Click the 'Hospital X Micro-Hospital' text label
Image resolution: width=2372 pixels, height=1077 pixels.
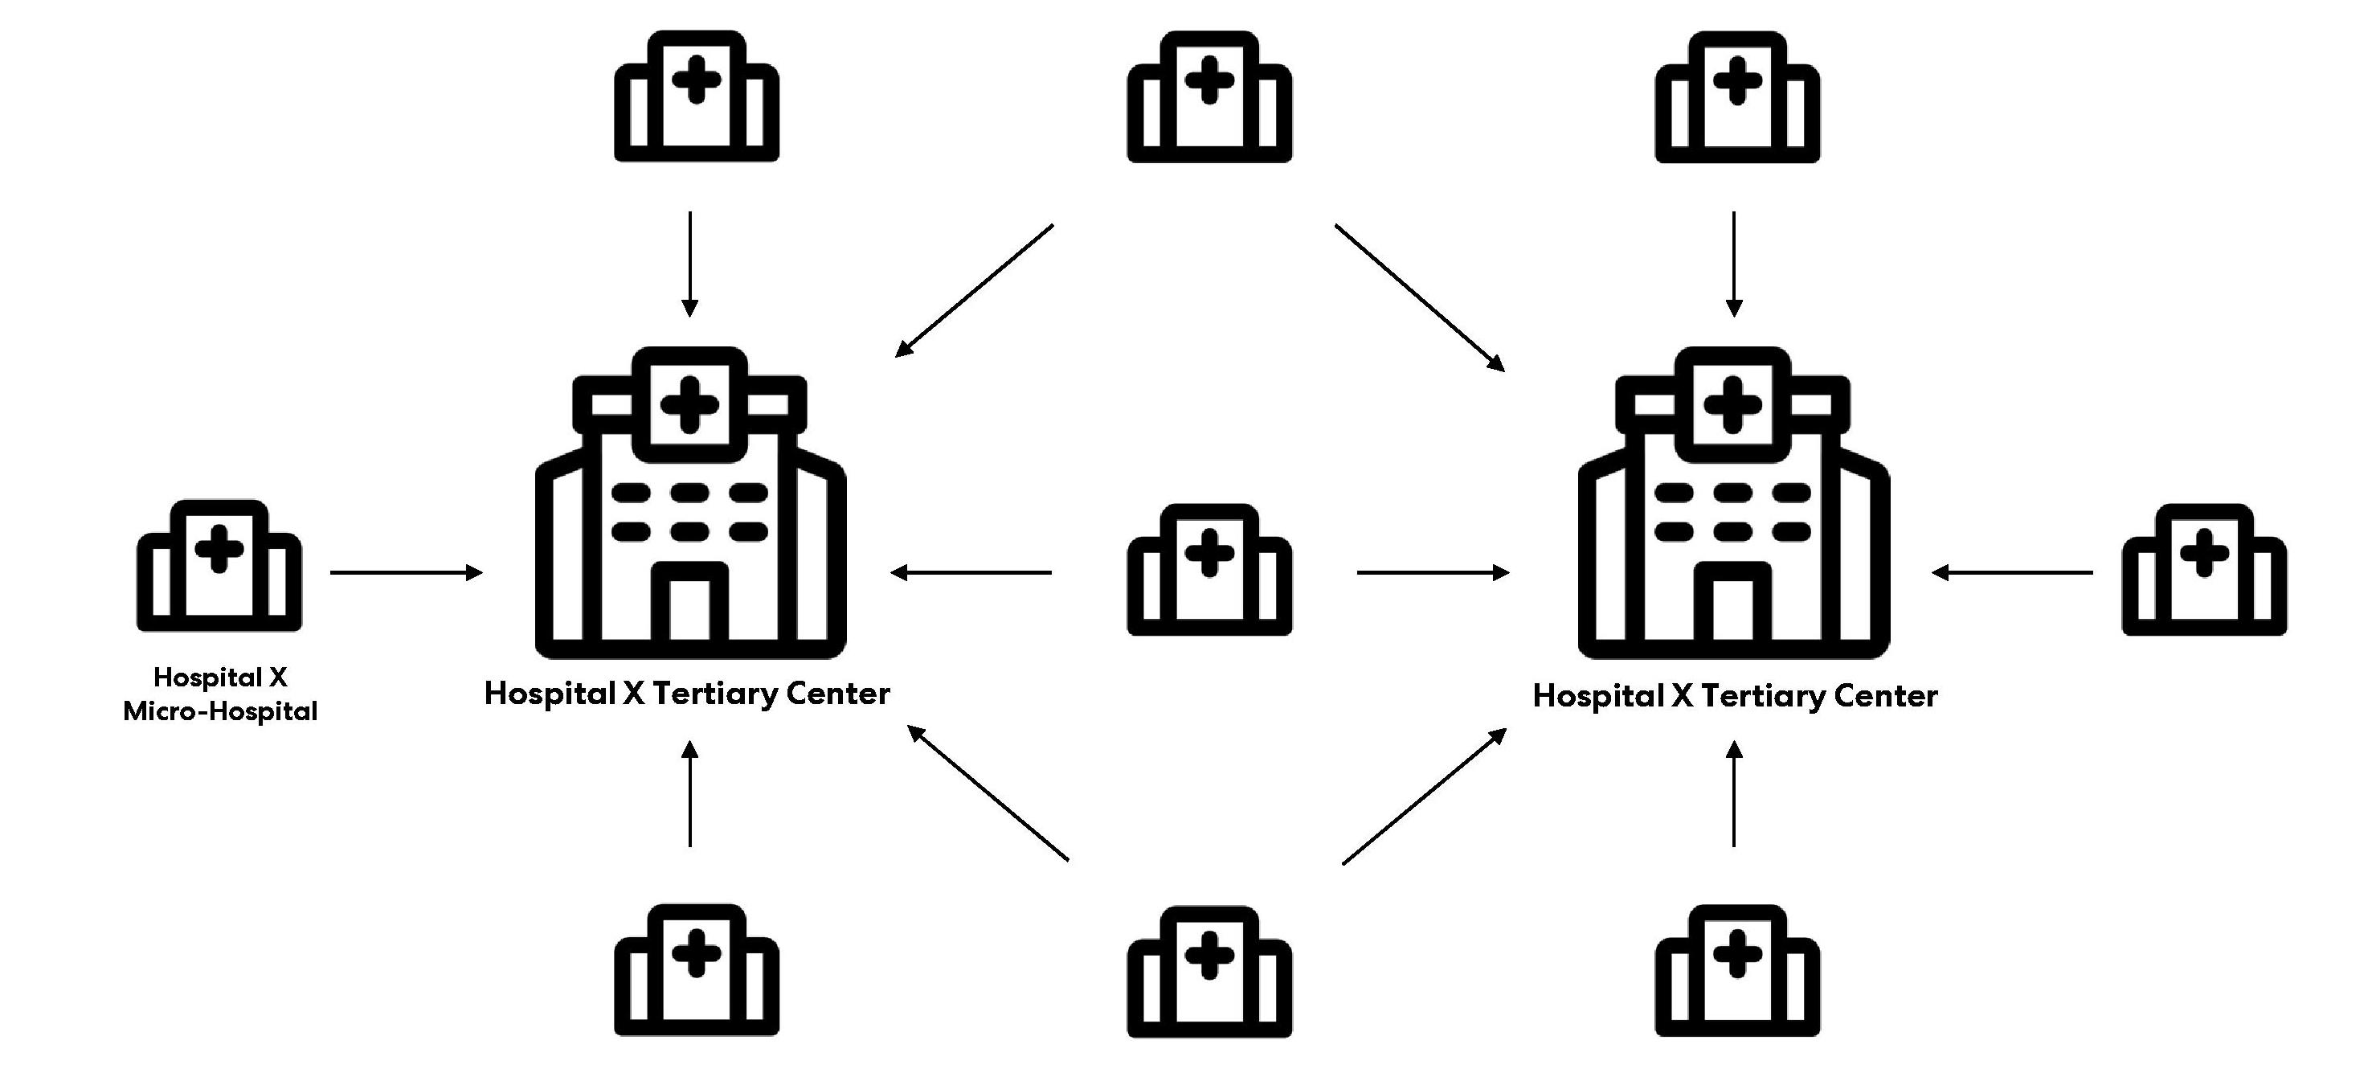point(220,694)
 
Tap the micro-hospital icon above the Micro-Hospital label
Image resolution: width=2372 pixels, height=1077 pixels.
point(219,566)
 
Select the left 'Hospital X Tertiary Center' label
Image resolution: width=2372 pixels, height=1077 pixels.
point(687,694)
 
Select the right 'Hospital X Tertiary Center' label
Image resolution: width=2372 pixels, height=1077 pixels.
point(1735,695)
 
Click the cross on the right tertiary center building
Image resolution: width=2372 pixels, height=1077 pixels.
point(1733,403)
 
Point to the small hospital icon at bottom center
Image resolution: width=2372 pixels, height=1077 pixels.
point(1209,972)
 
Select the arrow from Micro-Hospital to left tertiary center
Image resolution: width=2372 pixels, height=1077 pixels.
point(406,573)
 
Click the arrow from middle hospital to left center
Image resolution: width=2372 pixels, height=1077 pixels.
point(971,573)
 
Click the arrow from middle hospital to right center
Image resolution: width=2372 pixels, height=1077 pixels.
point(1433,573)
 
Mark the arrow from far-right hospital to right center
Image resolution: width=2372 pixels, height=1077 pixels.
point(2012,573)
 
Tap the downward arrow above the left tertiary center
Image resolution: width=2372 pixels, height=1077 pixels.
point(690,264)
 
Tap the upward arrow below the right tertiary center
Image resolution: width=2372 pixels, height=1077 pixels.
point(1734,794)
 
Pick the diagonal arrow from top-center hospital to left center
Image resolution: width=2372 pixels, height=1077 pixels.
point(974,290)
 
